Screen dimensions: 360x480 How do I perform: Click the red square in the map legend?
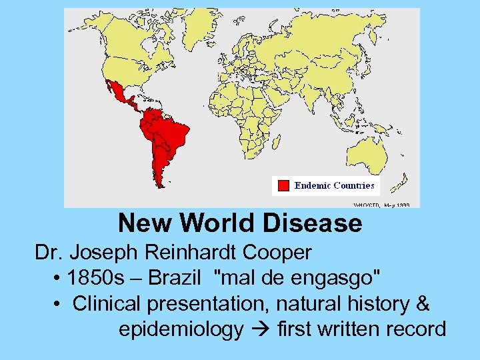pos(283,185)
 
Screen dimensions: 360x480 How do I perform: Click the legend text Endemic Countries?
pos(334,185)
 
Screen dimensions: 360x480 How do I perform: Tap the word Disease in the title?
pos(313,223)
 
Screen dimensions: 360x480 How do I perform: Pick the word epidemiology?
pos(181,329)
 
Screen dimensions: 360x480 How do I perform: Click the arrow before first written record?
pos(263,329)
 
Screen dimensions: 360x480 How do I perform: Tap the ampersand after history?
pos(422,304)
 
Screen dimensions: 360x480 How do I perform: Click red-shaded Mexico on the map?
pos(120,97)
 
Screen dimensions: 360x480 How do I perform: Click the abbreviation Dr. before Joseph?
pos(49,253)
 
